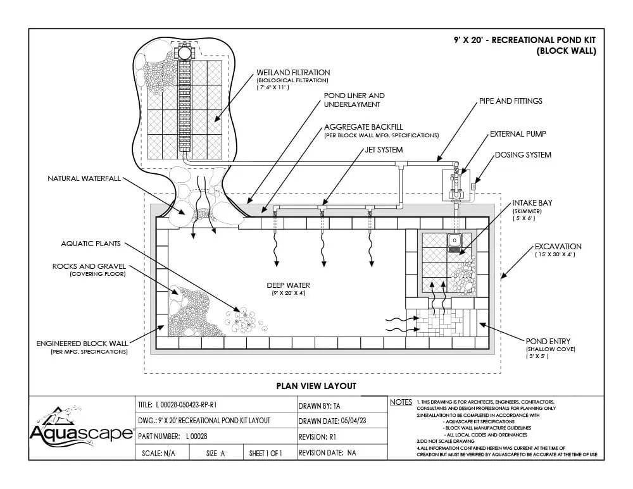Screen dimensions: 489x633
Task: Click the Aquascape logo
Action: coord(81,428)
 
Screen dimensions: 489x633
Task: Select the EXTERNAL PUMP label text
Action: coord(517,134)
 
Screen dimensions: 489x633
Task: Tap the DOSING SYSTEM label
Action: coord(523,154)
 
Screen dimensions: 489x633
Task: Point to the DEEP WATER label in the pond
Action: coord(288,285)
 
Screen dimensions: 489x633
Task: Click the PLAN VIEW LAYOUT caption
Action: coord(316,385)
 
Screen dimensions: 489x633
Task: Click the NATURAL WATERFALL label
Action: coord(84,178)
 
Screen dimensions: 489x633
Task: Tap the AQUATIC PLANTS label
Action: coord(91,243)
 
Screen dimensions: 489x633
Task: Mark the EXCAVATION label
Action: coord(558,246)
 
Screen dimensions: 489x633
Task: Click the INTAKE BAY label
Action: coord(532,203)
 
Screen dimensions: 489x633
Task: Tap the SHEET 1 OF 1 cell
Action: coord(265,453)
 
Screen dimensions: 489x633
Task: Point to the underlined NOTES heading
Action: coord(401,402)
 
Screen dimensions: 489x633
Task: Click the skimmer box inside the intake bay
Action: coord(454,242)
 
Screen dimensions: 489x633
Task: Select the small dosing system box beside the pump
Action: coord(472,186)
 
